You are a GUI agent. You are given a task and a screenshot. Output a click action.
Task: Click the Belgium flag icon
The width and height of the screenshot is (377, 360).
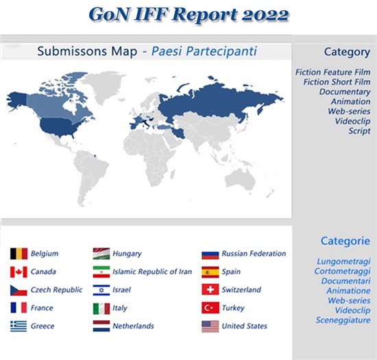[x=19, y=254]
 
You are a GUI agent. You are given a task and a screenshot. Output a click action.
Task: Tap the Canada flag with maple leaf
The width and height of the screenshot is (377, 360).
[x=19, y=272]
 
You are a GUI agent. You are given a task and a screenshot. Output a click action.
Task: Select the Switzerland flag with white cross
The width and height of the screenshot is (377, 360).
[x=210, y=289]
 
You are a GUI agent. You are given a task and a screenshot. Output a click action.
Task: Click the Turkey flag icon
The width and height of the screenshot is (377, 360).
[x=210, y=308]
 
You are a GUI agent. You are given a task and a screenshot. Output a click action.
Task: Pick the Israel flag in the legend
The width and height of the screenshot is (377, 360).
[x=101, y=290]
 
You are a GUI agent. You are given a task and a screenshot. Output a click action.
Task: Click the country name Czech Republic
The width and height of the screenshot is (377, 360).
[x=56, y=290]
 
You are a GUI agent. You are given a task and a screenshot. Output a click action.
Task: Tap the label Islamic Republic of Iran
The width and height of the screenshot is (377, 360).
[x=152, y=272]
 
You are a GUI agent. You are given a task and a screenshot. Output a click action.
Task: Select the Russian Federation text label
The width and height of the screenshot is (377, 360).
[x=254, y=254]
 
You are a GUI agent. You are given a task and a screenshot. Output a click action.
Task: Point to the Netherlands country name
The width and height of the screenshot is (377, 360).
[x=133, y=326]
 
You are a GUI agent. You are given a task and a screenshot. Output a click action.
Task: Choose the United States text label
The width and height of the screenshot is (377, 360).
[x=244, y=326]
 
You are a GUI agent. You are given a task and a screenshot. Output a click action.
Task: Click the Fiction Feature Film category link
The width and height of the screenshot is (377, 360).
[x=332, y=72]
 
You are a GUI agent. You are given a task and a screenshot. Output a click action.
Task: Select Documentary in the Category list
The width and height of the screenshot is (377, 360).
[x=345, y=92]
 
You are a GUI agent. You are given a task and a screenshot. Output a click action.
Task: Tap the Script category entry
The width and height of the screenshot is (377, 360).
[x=359, y=131]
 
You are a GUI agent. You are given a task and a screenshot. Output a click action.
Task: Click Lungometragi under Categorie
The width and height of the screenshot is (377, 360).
[x=343, y=262]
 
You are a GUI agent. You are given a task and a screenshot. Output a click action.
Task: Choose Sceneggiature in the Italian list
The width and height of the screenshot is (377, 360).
[x=343, y=320]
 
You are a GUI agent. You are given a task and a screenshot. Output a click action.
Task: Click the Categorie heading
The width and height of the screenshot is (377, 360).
[x=345, y=241]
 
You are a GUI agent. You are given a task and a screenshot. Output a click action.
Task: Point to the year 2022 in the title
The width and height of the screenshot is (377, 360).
[x=265, y=14]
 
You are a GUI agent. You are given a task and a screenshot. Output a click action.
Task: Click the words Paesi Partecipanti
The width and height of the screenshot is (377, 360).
[x=204, y=51]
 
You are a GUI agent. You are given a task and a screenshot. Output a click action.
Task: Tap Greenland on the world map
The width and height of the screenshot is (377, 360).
[x=106, y=86]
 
